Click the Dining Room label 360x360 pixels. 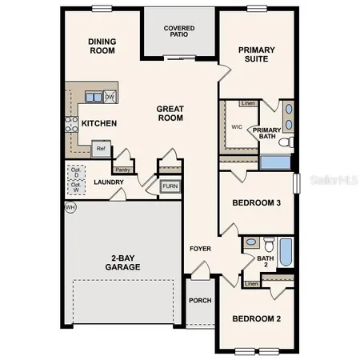coord(102,46)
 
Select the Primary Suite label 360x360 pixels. coord(257,54)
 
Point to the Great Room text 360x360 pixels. coord(170,113)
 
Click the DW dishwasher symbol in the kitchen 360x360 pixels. coord(110,97)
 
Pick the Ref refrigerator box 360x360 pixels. coord(101,148)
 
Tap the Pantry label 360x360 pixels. coord(122,170)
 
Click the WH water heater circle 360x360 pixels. coord(70,207)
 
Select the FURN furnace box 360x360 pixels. coord(170,186)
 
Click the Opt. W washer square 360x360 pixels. coord(76,188)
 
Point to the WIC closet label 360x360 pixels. coord(237,126)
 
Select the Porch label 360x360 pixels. coord(199,301)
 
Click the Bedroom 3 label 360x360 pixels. coord(256,203)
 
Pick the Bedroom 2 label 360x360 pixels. coord(256,319)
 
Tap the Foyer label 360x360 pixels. coord(200,249)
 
